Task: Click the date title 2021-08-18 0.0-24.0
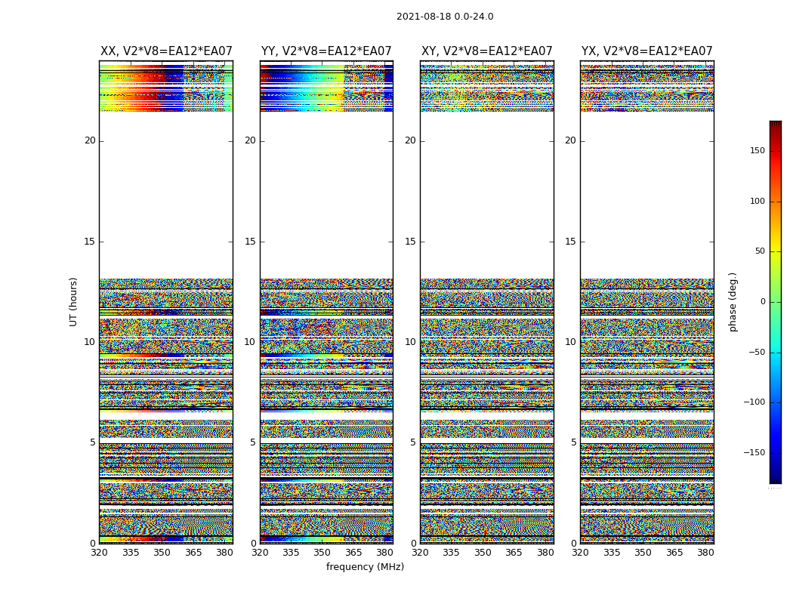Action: [x=445, y=17]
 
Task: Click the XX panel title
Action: [x=166, y=51]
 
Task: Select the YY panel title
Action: [x=326, y=51]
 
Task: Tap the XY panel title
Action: [x=487, y=51]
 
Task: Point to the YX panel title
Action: [x=647, y=51]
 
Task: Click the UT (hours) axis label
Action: [x=74, y=301]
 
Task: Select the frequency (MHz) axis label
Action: [x=365, y=567]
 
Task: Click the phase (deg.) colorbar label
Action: [x=733, y=301]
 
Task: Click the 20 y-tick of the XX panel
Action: [x=90, y=140]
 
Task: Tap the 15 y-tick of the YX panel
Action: [x=571, y=242]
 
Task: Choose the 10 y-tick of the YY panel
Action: [x=250, y=342]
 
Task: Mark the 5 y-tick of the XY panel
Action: [x=413, y=442]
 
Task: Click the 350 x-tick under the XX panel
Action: [x=162, y=553]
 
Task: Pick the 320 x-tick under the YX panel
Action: [x=580, y=553]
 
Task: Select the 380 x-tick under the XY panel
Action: [x=545, y=553]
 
